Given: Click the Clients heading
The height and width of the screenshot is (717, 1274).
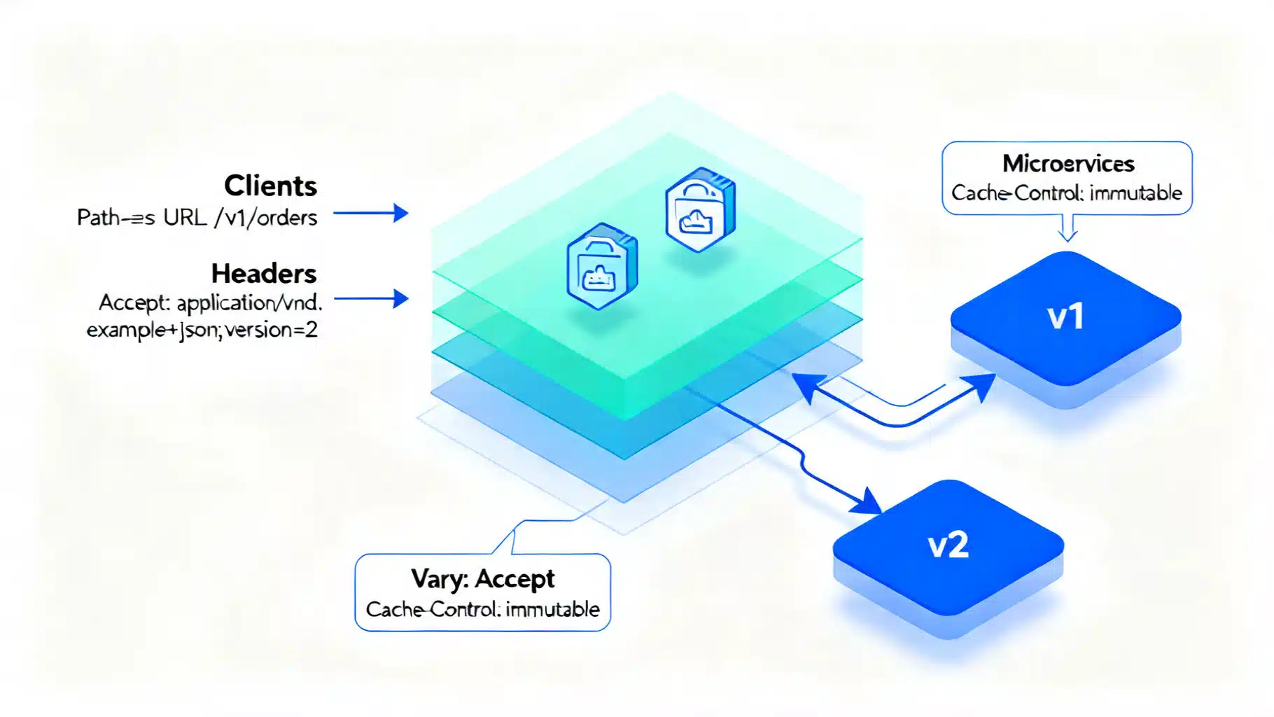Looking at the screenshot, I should coord(270,186).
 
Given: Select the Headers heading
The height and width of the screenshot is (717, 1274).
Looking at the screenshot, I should coord(264,274).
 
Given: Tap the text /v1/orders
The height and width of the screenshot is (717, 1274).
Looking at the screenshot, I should coord(266,218).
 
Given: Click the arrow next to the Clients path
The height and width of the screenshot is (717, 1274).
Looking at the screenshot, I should coord(372,213).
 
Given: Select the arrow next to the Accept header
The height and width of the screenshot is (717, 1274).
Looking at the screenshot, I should coord(372,299).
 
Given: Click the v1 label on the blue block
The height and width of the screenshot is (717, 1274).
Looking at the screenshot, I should coord(1065,317).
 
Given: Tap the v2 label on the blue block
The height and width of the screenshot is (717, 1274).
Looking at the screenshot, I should coord(948,545).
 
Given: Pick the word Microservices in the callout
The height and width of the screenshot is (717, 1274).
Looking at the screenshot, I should coord(1067,164).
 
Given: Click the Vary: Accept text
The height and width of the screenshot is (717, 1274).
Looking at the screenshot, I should coord(482,579).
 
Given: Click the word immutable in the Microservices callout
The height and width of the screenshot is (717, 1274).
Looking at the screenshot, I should coord(1135,193).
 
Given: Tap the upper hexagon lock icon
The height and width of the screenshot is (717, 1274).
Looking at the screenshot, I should coord(700,209).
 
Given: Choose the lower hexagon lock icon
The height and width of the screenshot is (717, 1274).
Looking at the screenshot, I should coord(602,266).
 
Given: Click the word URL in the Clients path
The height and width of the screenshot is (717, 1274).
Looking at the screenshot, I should coord(185,218).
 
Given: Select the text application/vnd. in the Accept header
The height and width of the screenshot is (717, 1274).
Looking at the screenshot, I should coord(249,303).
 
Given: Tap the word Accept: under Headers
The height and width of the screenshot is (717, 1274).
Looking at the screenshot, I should coord(134,303).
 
